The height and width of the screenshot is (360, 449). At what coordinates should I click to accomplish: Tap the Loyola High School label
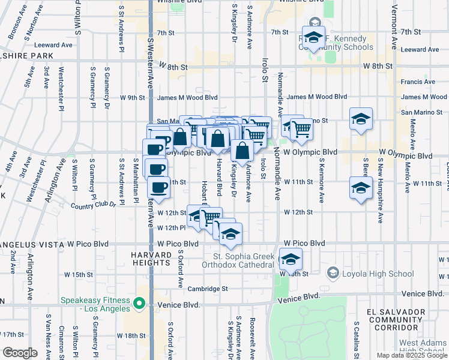(378, 274)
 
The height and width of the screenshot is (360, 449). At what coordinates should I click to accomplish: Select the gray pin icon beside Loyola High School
(333, 274)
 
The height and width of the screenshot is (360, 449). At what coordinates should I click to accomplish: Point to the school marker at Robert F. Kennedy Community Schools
(313, 38)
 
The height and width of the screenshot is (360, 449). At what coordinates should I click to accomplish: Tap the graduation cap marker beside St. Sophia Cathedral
(291, 259)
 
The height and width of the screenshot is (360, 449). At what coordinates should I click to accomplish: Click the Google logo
(19, 353)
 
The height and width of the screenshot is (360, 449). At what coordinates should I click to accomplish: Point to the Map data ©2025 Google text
(411, 355)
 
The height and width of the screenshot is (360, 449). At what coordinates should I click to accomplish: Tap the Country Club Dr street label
(92, 205)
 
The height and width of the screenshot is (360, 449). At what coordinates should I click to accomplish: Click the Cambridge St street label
(208, 289)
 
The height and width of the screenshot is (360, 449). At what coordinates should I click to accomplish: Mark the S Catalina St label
(356, 340)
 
